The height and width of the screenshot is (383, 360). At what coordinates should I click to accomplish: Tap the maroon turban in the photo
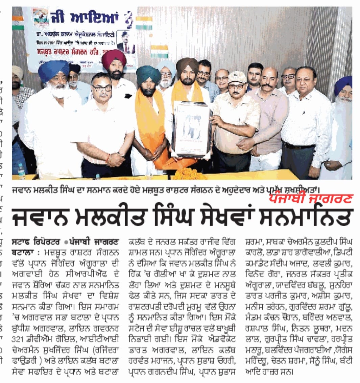point(114,58)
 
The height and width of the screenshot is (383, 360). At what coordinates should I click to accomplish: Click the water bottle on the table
point(21,171)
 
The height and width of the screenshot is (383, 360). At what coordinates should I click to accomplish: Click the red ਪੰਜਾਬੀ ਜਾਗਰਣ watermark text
point(311,198)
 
